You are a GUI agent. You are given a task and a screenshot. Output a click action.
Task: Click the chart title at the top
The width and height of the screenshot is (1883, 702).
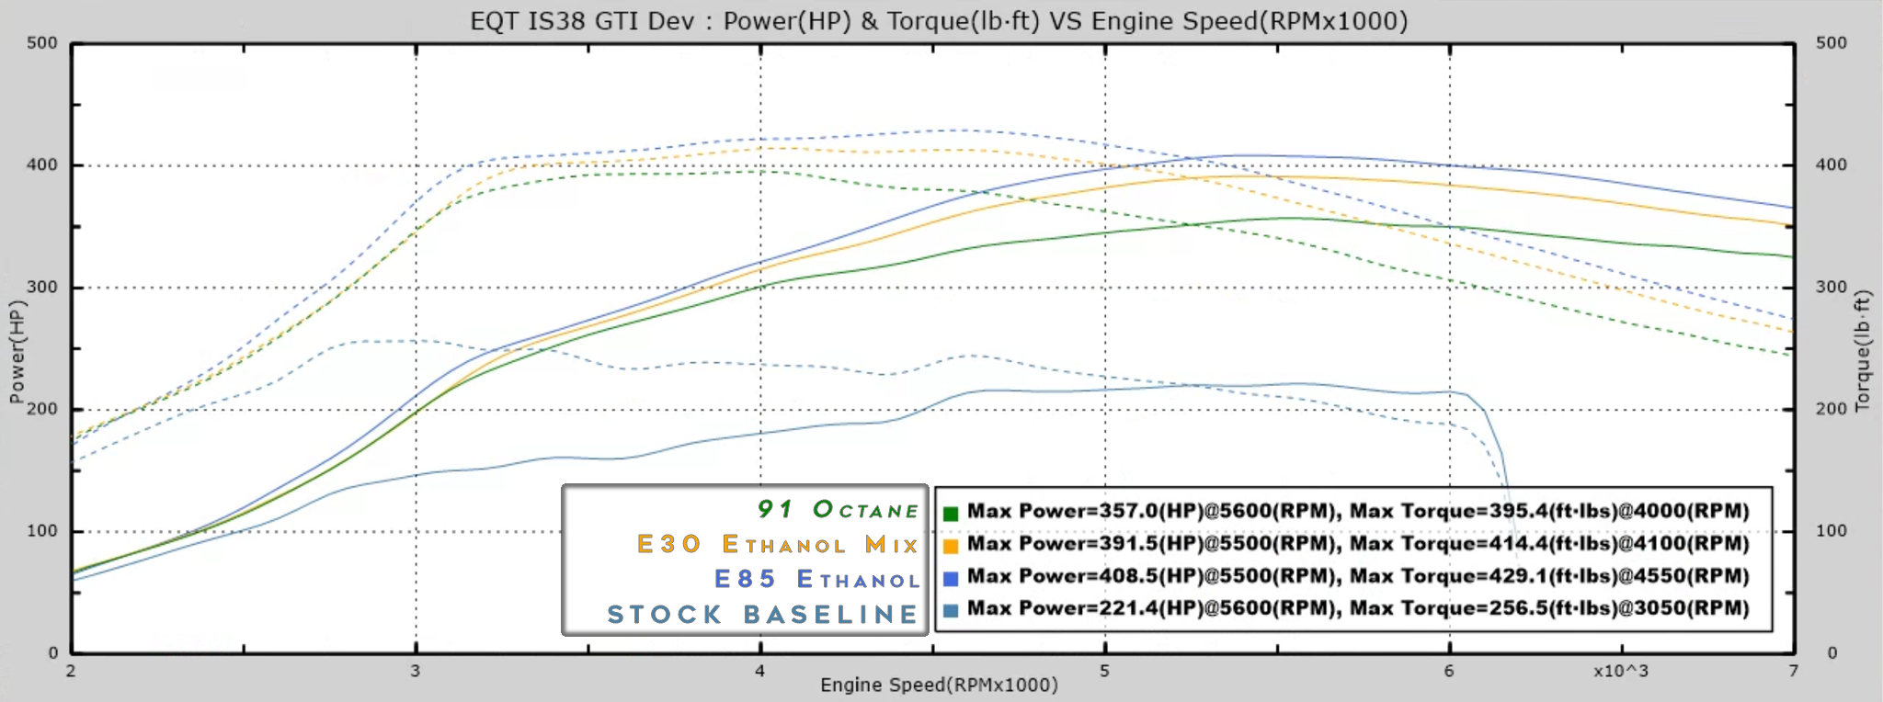point(939,20)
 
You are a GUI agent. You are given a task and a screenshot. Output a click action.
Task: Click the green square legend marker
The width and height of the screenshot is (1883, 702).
point(951,514)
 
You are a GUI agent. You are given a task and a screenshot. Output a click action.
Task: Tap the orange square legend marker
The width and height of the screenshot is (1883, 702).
point(951,546)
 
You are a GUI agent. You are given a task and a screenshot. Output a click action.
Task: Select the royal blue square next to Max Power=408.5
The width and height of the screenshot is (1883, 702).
point(951,578)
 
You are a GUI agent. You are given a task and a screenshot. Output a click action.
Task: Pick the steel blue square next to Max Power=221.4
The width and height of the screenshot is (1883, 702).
point(951,610)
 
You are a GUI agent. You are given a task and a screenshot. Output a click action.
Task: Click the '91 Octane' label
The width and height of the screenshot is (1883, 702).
point(838,510)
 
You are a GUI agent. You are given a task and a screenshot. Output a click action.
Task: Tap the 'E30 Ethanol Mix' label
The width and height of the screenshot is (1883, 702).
point(778,545)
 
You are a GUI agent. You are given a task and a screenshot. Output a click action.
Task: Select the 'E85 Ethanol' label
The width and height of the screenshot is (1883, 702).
point(816,580)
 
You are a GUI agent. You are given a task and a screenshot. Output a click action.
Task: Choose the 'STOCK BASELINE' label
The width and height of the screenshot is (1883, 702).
point(762,615)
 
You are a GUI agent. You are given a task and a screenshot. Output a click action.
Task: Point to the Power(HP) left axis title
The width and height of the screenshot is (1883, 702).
point(17,352)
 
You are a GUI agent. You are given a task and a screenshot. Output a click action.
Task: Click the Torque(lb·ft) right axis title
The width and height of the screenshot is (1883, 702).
point(1863,352)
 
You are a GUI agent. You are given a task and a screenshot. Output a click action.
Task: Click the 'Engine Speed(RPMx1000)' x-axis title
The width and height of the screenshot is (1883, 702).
point(939,685)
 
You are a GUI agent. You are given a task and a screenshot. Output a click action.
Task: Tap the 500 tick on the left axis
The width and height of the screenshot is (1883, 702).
point(42,43)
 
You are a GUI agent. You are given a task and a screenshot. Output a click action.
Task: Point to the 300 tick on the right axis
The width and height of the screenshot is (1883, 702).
point(1831,288)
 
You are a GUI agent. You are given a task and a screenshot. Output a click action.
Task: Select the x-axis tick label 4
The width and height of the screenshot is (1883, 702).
point(760,671)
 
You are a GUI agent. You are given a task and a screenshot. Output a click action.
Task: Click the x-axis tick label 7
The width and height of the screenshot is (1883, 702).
point(1794,671)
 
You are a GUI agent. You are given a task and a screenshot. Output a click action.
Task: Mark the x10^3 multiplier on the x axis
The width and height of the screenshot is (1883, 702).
point(1621,671)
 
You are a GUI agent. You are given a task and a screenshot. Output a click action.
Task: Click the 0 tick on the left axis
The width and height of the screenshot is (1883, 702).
point(53,653)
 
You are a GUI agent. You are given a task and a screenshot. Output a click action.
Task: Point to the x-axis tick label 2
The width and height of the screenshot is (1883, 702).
point(71,671)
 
